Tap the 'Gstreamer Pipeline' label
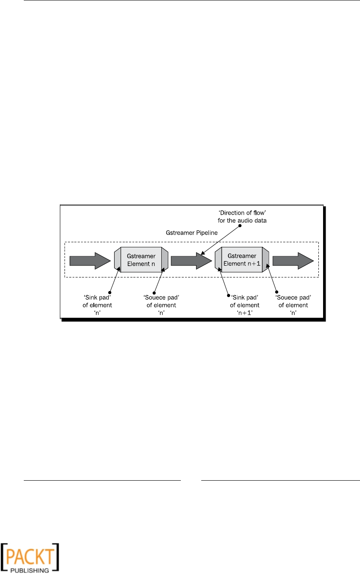(x=186, y=233)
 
